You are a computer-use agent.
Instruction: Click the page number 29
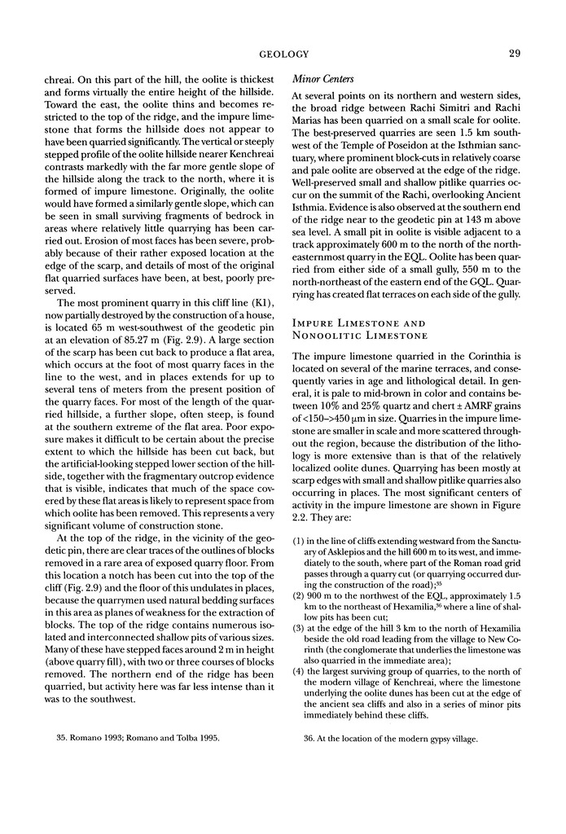[x=514, y=55]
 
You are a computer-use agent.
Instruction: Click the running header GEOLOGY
[x=283, y=55]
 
